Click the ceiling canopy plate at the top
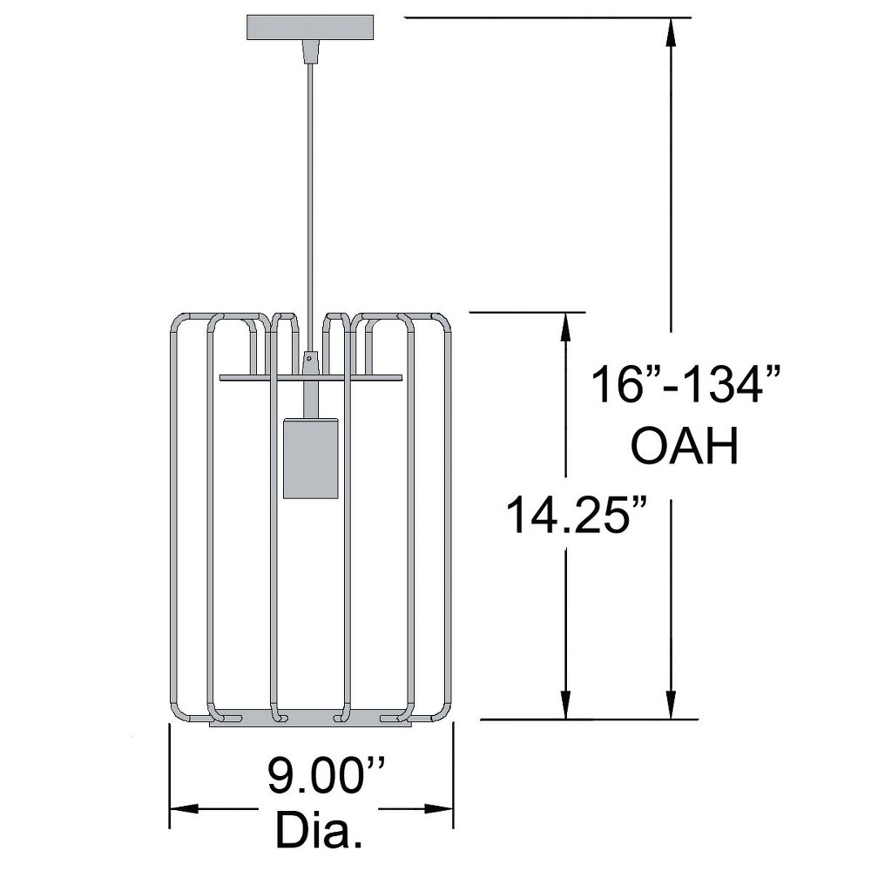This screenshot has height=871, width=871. [x=310, y=28]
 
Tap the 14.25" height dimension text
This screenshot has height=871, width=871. [x=577, y=516]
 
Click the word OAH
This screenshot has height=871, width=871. [x=685, y=445]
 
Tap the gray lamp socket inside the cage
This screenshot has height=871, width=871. [x=311, y=458]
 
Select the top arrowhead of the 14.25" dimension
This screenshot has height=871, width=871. [x=565, y=327]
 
